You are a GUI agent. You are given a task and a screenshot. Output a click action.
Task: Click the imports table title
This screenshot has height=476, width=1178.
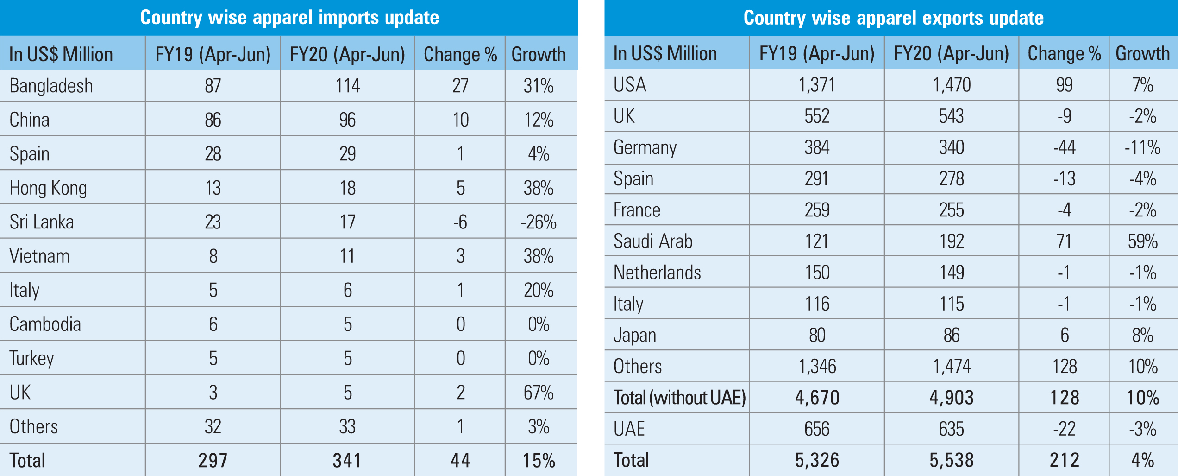pos(289,18)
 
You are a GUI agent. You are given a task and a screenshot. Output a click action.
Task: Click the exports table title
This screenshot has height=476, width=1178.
pos(893,18)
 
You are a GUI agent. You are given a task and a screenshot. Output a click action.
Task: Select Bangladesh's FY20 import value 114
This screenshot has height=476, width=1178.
pos(347,86)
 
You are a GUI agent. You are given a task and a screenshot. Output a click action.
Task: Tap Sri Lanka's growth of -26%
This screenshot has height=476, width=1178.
pos(539,222)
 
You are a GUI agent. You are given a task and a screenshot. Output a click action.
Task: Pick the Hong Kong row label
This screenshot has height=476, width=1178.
pos(48,188)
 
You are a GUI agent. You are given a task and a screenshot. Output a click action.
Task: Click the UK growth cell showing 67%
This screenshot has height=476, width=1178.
pos(539,393)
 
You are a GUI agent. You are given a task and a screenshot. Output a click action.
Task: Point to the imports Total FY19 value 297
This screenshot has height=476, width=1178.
pos(213,461)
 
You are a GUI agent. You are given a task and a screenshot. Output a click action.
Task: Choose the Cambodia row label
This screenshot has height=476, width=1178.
pos(45,324)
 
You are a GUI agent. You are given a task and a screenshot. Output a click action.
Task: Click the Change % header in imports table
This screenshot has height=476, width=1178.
pos(460,54)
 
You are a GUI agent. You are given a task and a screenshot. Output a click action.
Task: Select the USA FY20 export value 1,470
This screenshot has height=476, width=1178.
pos(952,85)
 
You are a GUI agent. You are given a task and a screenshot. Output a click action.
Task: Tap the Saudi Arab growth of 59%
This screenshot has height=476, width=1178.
pos(1142,241)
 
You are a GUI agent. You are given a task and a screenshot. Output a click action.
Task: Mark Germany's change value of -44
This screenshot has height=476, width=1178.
pos(1064,147)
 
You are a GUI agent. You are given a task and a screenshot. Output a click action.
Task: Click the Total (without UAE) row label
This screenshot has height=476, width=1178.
pos(679,398)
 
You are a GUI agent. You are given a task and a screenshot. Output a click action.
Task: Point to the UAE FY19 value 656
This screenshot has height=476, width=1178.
pos(817,429)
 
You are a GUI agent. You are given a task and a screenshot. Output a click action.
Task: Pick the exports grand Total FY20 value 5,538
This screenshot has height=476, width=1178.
pos(952,460)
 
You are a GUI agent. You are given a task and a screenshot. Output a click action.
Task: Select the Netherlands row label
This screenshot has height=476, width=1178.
pos(657,273)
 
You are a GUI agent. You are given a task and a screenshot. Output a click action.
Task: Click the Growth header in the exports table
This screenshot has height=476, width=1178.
pos(1142,53)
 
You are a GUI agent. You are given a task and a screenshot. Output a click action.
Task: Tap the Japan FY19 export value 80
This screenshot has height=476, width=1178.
pos(817,335)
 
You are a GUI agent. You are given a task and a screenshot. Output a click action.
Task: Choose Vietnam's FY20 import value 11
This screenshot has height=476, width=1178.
pos(347,256)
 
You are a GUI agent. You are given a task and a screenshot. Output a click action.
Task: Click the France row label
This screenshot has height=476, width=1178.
pos(637,210)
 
